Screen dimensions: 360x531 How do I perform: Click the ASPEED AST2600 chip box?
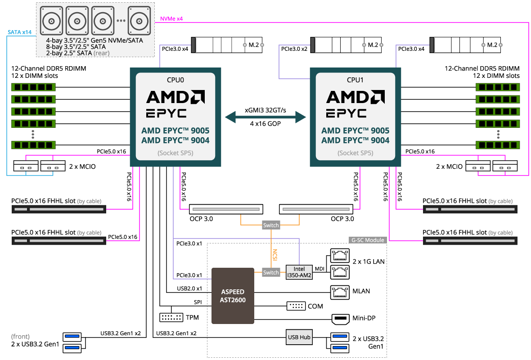(x=233, y=296)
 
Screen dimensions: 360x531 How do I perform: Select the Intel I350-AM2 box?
(x=299, y=272)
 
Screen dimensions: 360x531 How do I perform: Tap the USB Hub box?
(x=299, y=337)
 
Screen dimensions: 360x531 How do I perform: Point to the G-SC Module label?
(x=368, y=240)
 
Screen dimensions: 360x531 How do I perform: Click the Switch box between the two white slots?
(x=271, y=225)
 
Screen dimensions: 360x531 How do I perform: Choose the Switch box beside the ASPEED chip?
(x=271, y=272)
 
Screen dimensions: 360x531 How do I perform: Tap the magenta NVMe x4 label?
(x=171, y=19)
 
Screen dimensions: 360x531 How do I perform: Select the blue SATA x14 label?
(x=19, y=32)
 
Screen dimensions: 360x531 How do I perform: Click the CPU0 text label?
(x=175, y=80)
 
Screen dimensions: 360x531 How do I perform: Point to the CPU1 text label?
(x=355, y=80)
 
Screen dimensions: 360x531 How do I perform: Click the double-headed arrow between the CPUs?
(x=265, y=117)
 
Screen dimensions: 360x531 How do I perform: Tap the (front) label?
(x=20, y=337)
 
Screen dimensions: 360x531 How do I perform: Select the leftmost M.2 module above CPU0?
(x=227, y=45)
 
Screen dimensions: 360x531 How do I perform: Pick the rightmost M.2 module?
(x=466, y=45)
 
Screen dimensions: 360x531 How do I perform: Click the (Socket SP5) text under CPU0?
(x=175, y=153)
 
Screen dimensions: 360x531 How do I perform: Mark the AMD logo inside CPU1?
(x=355, y=96)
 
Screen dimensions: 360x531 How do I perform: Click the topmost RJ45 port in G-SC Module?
(x=340, y=256)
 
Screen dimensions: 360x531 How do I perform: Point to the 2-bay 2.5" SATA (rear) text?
(x=77, y=53)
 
